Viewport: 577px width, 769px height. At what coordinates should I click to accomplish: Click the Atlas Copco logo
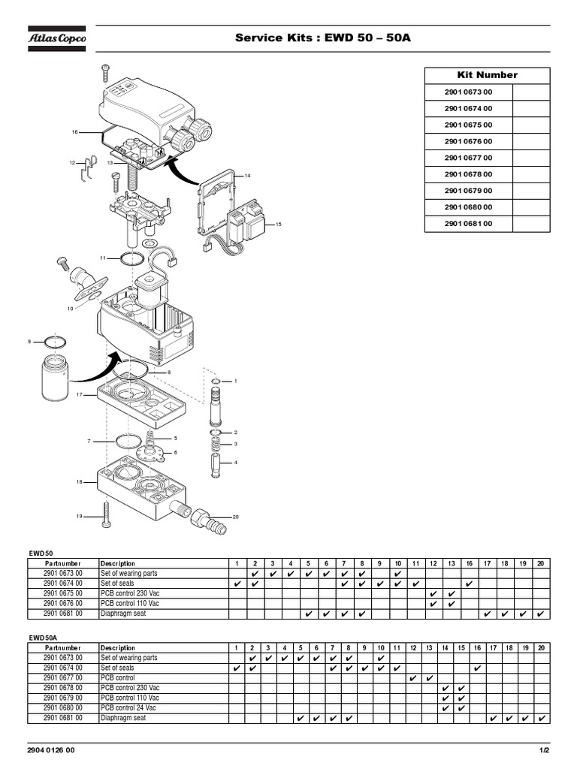[57, 38]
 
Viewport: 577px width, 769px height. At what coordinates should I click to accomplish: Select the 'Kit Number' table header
[487, 75]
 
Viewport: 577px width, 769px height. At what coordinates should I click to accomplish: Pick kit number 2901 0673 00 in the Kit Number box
[468, 92]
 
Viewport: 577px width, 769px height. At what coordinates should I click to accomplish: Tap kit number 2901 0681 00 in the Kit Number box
[468, 224]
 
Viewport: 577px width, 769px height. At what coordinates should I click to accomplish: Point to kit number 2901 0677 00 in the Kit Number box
[468, 158]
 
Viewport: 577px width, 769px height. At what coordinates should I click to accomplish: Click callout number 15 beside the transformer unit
[278, 225]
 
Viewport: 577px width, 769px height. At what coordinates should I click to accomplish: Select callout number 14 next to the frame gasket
[247, 175]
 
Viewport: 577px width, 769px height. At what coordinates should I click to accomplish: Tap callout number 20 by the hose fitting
[235, 517]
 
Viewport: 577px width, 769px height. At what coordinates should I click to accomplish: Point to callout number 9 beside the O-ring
[29, 342]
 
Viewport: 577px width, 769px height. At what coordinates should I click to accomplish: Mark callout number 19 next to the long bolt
[78, 517]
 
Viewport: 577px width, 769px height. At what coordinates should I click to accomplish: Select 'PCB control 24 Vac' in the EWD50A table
[128, 707]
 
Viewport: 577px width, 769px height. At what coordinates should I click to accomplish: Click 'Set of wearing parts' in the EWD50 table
[129, 573]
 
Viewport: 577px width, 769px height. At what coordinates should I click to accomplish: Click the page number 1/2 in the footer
[544, 750]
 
